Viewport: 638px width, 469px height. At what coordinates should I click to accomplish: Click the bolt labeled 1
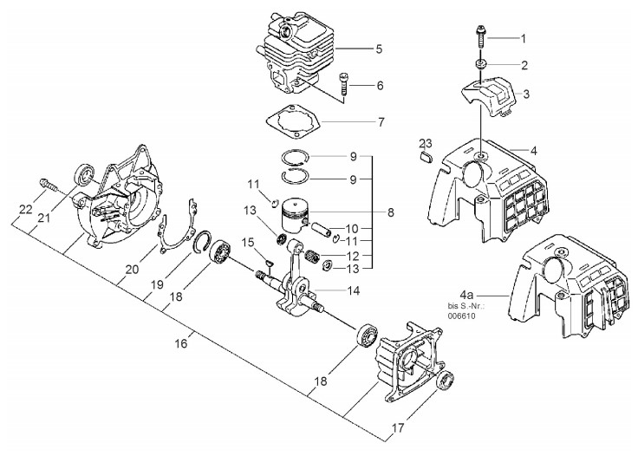point(480,38)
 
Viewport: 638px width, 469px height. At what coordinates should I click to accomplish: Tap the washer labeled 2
point(480,64)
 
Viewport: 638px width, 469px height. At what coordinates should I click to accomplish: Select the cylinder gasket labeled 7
point(293,121)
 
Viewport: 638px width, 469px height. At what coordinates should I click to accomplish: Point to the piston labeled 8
point(295,215)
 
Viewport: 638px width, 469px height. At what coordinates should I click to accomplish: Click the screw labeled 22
point(49,185)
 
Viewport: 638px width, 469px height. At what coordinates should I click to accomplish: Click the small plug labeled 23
point(426,157)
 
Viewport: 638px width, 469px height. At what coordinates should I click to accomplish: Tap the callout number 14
point(353,290)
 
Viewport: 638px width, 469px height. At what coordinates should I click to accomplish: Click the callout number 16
point(181,343)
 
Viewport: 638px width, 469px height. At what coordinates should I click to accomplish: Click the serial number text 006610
point(461,316)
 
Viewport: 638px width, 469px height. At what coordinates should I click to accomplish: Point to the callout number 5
point(379,49)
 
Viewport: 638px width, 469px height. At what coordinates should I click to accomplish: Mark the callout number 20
point(132,270)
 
